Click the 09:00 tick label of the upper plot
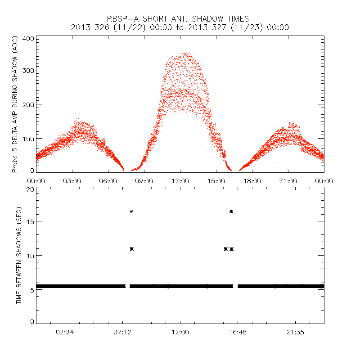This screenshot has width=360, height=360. click(144, 180)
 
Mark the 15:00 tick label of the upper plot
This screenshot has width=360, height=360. click(216, 180)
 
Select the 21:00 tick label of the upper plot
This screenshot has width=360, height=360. click(288, 180)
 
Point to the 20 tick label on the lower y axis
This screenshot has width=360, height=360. click(30, 189)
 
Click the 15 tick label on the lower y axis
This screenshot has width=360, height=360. click(30, 221)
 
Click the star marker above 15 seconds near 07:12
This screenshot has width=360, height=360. click(131, 211)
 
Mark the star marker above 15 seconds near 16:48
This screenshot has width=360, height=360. click(231, 211)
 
